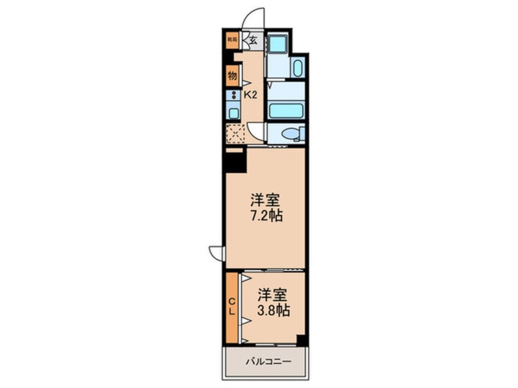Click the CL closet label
[232, 307]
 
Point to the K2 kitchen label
[250, 95]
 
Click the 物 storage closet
[232, 76]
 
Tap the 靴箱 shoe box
[231, 40]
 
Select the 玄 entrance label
[252, 41]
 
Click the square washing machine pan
[277, 43]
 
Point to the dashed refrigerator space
[235, 133]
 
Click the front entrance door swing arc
[253, 19]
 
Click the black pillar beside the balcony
[301, 340]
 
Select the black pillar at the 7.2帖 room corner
[235, 160]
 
